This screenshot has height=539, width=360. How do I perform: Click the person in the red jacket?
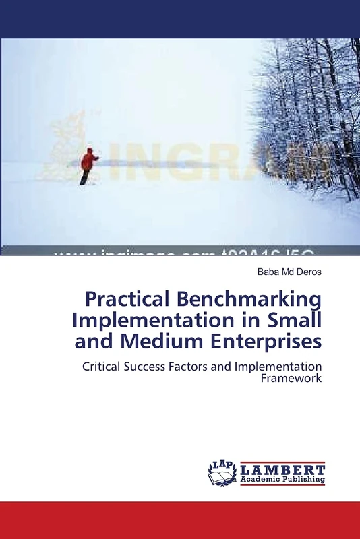click(88, 165)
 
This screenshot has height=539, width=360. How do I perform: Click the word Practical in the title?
click(125, 298)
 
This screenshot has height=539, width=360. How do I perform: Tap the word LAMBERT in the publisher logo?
click(283, 469)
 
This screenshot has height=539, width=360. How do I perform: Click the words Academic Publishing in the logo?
click(283, 480)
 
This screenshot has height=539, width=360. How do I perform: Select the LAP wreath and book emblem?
click(222, 474)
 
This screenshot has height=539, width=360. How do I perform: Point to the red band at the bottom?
click(180, 520)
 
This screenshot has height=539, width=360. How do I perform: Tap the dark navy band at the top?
click(180, 19)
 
